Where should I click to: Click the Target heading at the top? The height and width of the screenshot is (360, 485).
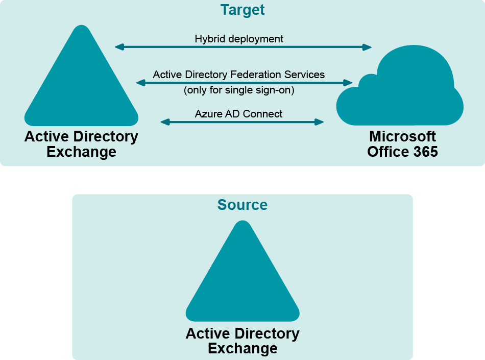coord(243,10)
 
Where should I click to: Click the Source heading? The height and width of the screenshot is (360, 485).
coord(243,205)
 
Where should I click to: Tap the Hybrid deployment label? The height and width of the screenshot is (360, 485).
coord(239,39)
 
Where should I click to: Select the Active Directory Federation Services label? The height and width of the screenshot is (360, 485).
coord(239,75)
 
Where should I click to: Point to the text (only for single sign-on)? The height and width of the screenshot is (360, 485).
coord(239,90)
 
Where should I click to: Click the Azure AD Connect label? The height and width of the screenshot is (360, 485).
coord(238,114)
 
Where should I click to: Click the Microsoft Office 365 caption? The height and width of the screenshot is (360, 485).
coord(403,144)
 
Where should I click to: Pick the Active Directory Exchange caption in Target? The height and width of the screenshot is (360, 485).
coord(81,144)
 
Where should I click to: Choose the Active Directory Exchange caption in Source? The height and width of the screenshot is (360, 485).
coord(243,341)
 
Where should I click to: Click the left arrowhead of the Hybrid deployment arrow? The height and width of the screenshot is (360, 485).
coord(119,47)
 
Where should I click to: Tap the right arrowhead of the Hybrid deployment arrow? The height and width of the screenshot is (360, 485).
coord(367,47)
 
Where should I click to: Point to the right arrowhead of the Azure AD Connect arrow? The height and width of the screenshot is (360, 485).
coord(320,122)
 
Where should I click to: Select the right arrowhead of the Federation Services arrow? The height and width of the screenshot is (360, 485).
coord(348,82)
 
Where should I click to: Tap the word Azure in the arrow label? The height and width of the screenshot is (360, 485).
coord(206,114)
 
